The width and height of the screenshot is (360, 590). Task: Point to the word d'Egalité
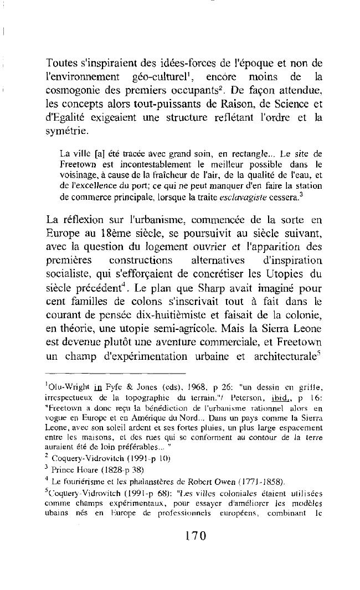click(69, 116)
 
